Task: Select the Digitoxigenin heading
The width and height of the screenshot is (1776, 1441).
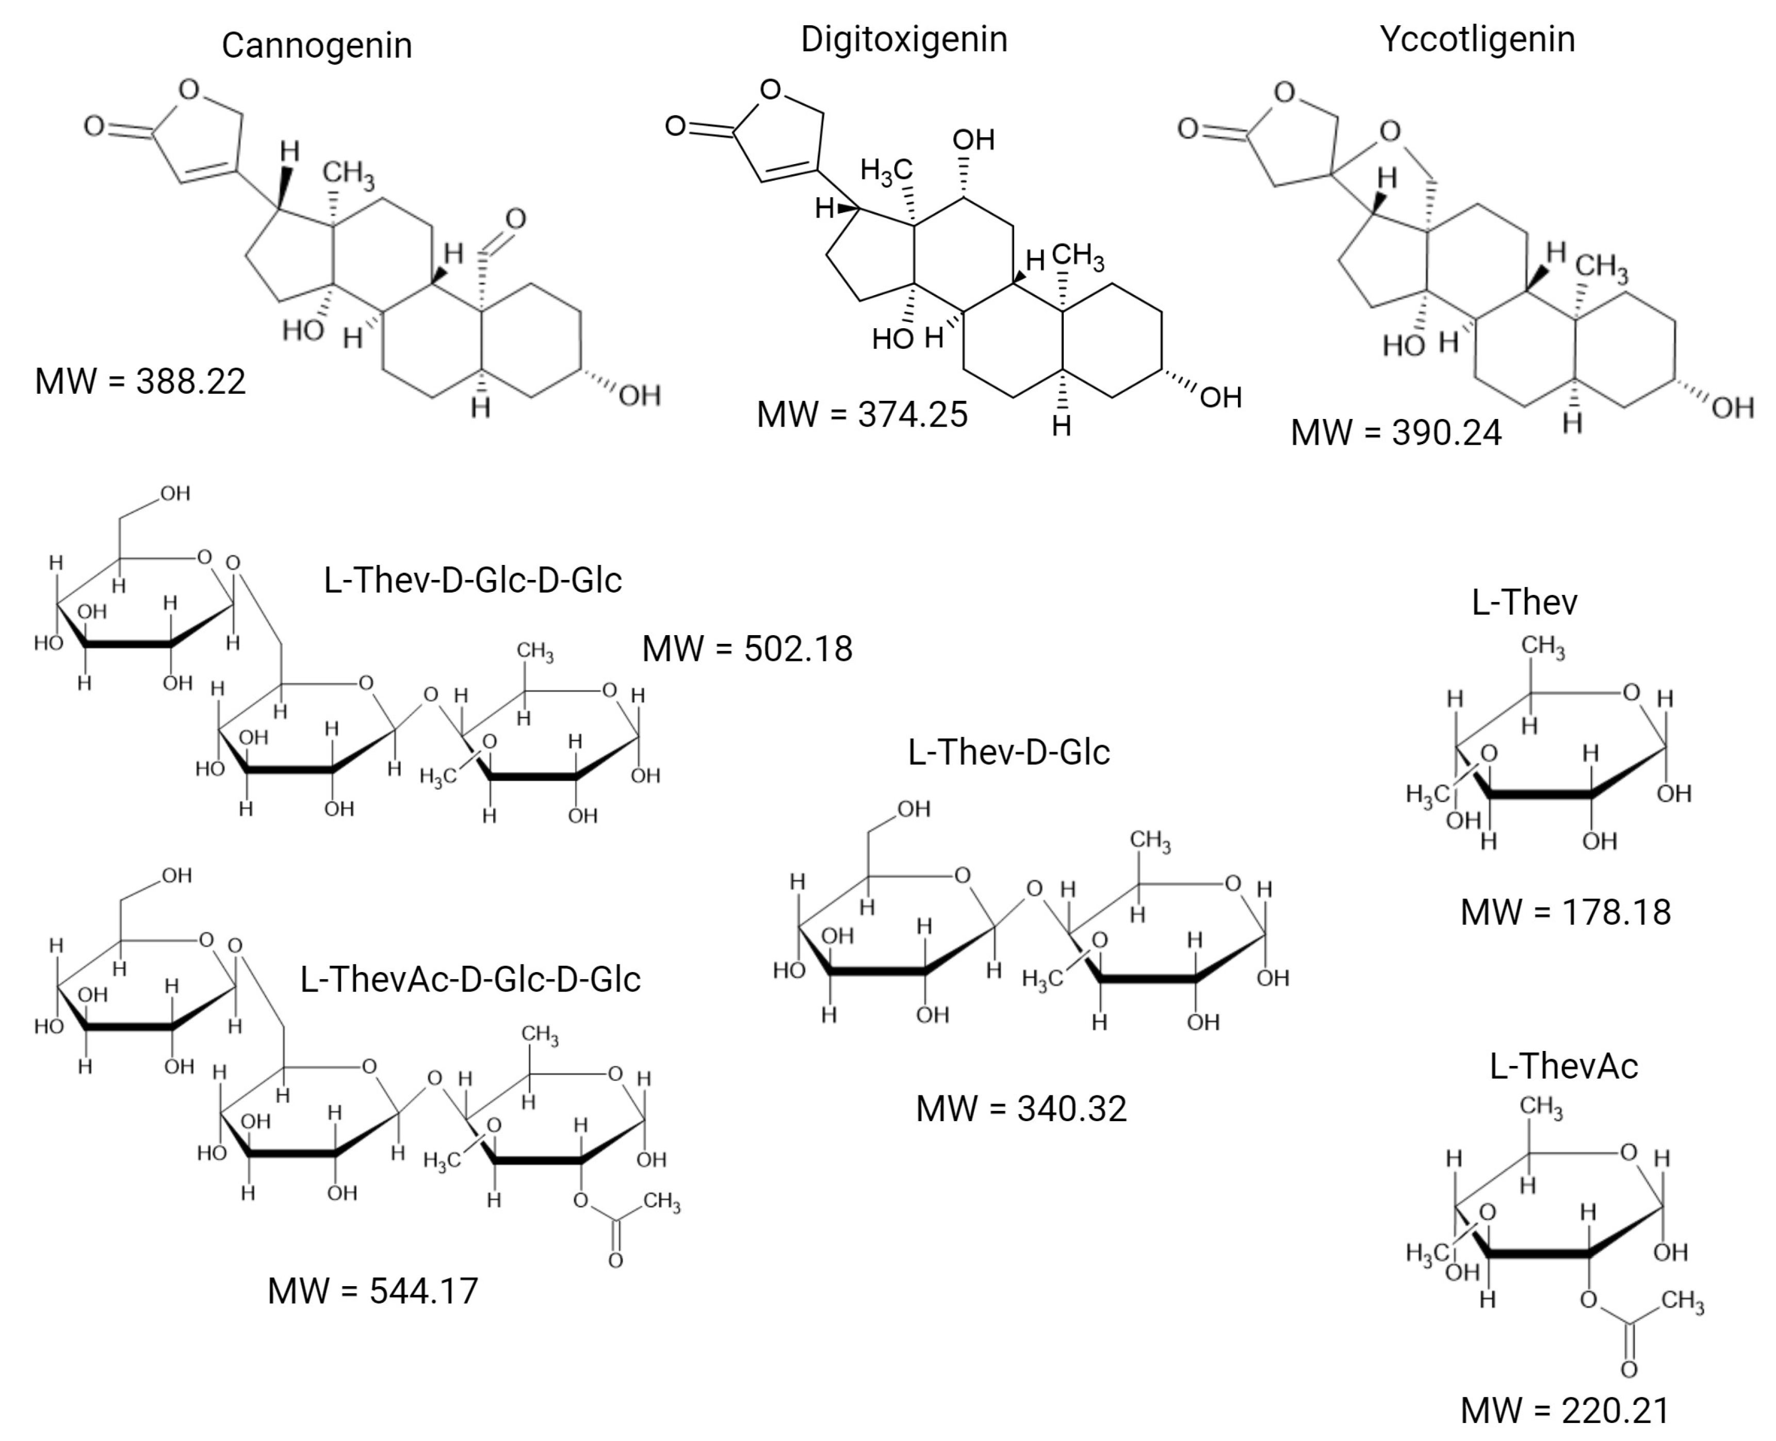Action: pos(904,39)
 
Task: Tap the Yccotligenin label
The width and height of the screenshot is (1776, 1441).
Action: pos(1477,39)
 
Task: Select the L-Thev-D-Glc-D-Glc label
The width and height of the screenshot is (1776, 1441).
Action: pos(472,580)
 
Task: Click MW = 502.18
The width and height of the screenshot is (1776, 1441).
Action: pos(747,649)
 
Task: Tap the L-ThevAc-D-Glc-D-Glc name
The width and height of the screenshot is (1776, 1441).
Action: pos(470,979)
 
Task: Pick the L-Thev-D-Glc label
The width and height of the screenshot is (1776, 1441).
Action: pos(1008,752)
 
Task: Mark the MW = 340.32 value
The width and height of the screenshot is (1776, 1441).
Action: pos(1021,1109)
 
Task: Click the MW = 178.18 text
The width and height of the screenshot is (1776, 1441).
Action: pos(1565,912)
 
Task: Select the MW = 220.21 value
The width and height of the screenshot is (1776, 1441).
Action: pos(1565,1410)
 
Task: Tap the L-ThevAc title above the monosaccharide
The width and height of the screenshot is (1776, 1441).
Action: pos(1563,1066)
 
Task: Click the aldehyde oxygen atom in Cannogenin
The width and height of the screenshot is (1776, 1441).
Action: pos(515,219)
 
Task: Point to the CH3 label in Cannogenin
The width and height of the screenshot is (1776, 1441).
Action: pos(349,173)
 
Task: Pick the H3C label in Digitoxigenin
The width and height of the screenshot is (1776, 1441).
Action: pos(886,171)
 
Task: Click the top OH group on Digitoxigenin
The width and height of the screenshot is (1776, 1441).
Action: pos(973,139)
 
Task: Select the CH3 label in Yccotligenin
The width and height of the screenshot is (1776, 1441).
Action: pos(1602,266)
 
